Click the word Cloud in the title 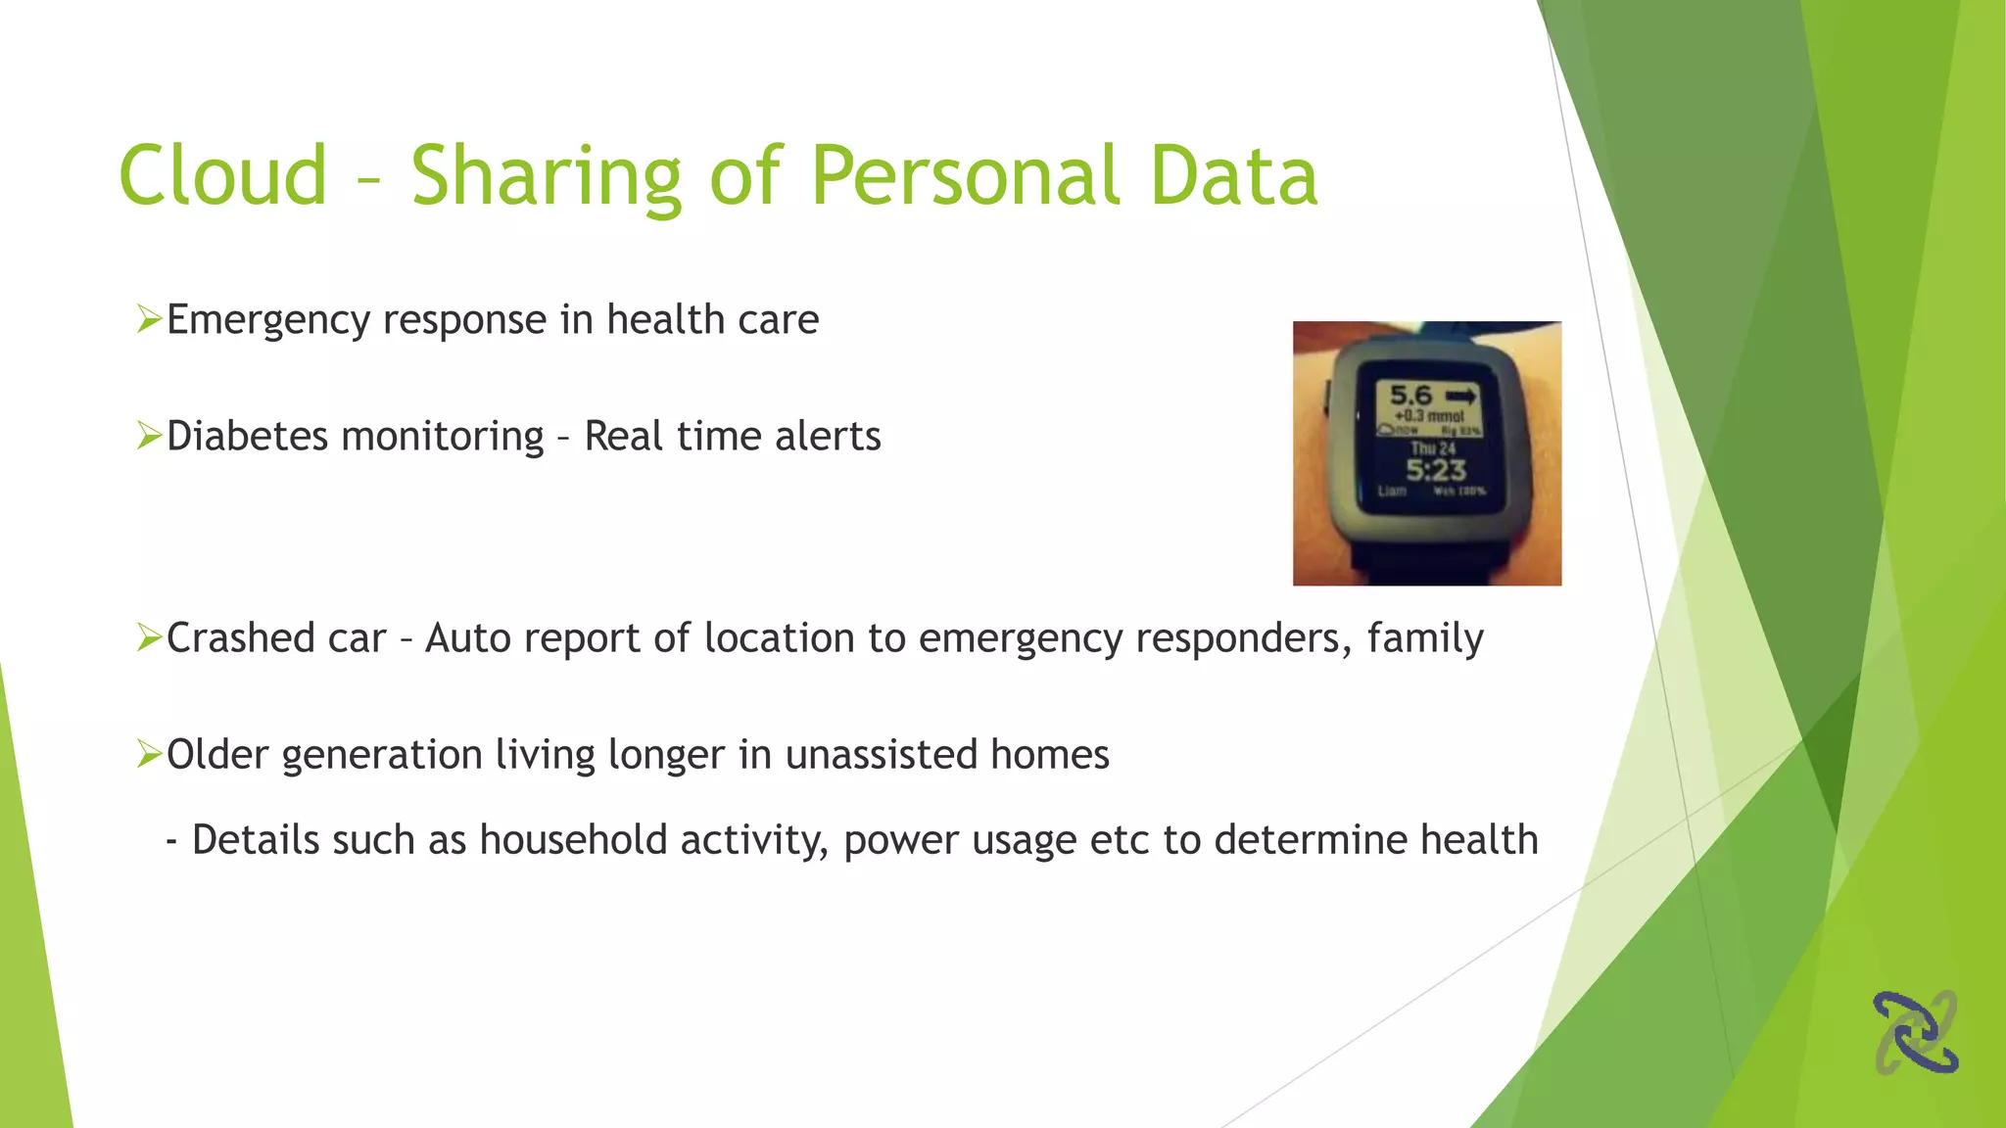222,176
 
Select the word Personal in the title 965,176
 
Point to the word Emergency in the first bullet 267,321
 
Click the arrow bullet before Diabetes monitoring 149,435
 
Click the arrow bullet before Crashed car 149,637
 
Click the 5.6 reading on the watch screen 1410,396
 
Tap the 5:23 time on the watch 1436,470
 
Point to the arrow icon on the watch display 1460,397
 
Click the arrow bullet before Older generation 149,754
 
